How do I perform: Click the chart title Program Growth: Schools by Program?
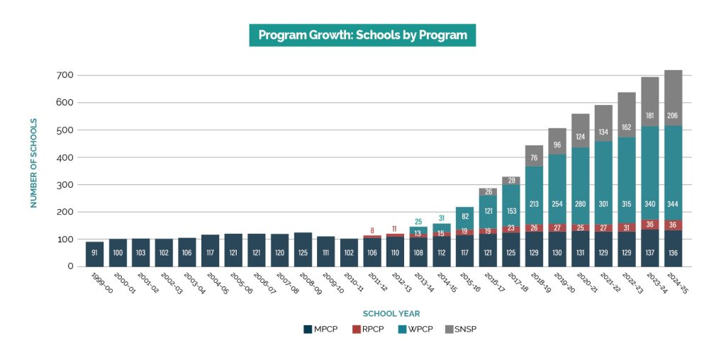[x=362, y=35]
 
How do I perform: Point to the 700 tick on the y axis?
[x=66, y=75]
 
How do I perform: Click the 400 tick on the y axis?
[x=66, y=157]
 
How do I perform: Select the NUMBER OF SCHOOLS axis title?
[x=33, y=163]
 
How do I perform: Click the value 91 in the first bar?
[x=95, y=253]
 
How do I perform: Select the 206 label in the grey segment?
[x=673, y=116]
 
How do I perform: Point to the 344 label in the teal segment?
[x=673, y=204]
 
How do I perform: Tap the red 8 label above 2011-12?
[x=372, y=230]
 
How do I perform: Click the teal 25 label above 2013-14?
[x=418, y=222]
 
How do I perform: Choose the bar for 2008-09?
[x=303, y=248]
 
